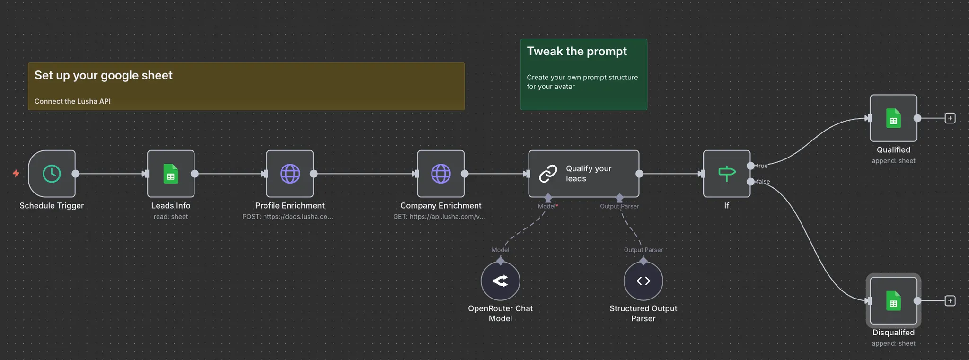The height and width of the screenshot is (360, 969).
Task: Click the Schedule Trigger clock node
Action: coord(52,174)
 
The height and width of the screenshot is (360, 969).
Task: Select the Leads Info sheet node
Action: coord(171,174)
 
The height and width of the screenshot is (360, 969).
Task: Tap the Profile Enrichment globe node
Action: coord(290,174)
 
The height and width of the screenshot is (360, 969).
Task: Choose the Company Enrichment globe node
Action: coord(440,174)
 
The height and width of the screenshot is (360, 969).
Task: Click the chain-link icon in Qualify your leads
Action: coord(548,174)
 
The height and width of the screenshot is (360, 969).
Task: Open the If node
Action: coord(726,174)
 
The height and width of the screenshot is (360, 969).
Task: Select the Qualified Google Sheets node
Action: coord(893,118)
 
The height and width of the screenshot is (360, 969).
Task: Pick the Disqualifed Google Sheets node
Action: coord(893,301)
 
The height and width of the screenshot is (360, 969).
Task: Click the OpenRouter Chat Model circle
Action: coord(500,281)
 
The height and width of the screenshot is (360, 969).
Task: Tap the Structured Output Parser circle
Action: coord(643,281)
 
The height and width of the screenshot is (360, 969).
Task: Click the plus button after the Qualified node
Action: coord(950,118)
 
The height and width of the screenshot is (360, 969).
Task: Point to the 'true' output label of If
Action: coord(762,166)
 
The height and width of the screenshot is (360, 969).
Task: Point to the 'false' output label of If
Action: coord(763,182)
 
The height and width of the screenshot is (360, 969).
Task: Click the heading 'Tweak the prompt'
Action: coord(577,52)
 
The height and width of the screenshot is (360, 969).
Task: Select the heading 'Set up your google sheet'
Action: coord(103,75)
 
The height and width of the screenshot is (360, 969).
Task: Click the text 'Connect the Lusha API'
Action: coord(72,101)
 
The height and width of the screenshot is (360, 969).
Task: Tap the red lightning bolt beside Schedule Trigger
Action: coord(16,174)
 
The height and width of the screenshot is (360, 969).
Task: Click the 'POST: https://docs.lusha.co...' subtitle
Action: coord(288,217)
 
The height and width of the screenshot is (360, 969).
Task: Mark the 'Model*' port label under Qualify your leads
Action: coord(547,206)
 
